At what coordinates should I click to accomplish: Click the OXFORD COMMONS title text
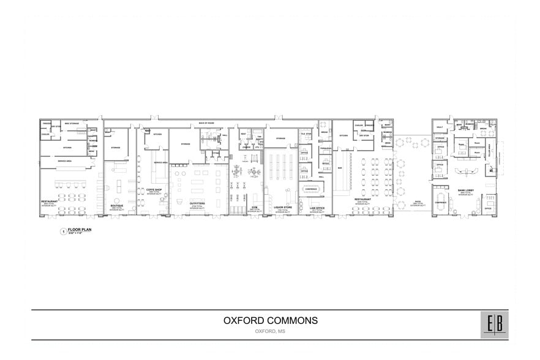[270, 321]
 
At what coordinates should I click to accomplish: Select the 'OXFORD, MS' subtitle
[270, 331]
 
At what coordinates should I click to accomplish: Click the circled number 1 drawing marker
[62, 231]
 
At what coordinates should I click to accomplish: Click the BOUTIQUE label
[116, 205]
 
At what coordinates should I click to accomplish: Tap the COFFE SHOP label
[154, 190]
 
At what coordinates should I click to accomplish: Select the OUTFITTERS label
[197, 203]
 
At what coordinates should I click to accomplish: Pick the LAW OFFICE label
[317, 208]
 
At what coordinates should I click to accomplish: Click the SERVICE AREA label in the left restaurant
[66, 161]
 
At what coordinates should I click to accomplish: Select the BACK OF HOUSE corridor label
[206, 123]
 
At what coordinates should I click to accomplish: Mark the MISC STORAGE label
[72, 123]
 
